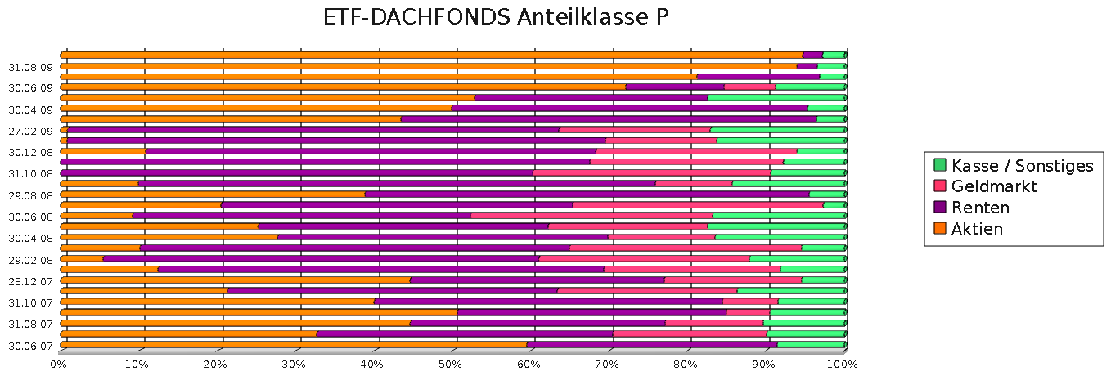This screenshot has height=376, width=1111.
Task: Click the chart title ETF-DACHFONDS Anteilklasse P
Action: pos(497,18)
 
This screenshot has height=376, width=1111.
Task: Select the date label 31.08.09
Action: pos(29,67)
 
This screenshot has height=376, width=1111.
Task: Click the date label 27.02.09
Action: pos(29,131)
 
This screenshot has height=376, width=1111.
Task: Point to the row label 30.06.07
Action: pos(29,345)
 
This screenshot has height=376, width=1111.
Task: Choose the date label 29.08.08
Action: pos(29,195)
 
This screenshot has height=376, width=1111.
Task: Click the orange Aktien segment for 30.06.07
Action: pos(295,344)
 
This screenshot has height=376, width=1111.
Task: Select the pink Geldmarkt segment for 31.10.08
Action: pos(651,172)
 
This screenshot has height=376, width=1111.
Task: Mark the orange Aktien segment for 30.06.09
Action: pos(344,87)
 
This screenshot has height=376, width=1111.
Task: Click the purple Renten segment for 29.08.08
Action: pos(587,194)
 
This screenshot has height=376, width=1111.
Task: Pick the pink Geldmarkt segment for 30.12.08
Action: pos(696,151)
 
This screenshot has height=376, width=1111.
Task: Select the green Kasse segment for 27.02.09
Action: pos(777,129)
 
